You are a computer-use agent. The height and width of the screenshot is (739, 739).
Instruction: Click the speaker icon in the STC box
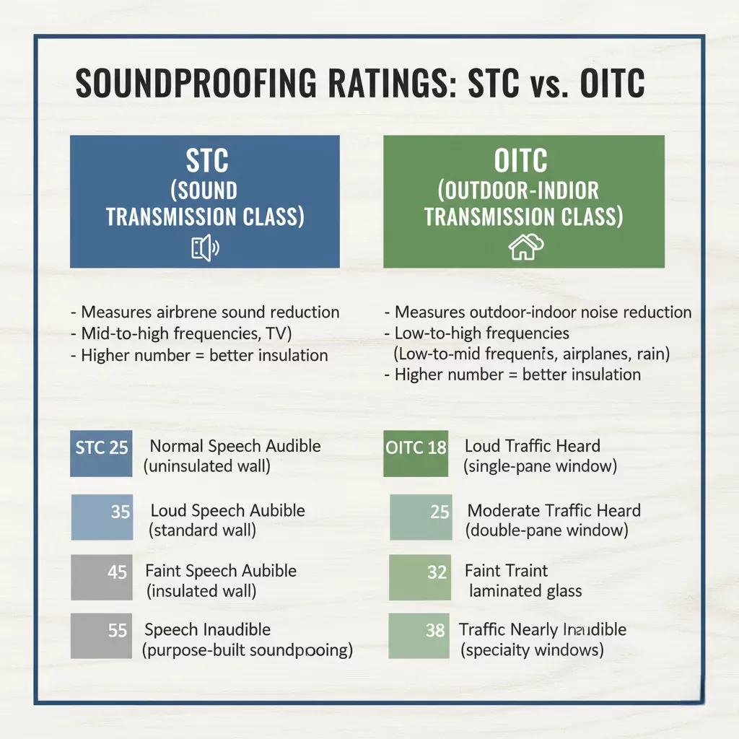pyautogui.click(x=205, y=249)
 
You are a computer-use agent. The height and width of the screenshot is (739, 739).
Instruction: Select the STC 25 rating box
pyautogui.click(x=101, y=455)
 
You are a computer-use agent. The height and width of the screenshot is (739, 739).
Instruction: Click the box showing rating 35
pyautogui.click(x=102, y=517)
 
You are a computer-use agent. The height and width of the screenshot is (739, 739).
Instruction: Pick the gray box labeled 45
pyautogui.click(x=101, y=577)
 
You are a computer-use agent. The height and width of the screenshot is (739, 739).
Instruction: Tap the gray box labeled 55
pyautogui.click(x=101, y=636)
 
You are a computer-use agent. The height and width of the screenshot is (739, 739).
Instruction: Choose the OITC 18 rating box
pyautogui.click(x=416, y=455)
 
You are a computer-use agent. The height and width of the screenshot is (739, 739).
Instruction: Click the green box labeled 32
pyautogui.click(x=419, y=577)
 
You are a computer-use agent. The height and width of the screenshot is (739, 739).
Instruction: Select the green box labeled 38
pyautogui.click(x=419, y=636)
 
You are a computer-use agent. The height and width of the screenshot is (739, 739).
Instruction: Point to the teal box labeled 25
pyautogui.click(x=421, y=517)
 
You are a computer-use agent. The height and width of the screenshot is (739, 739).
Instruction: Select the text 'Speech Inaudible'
pyautogui.click(x=208, y=629)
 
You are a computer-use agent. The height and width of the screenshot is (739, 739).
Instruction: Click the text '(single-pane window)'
pyautogui.click(x=540, y=466)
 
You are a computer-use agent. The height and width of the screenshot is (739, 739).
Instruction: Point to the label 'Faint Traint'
pyautogui.click(x=506, y=571)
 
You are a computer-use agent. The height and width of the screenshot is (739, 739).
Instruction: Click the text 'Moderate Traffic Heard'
pyautogui.click(x=554, y=511)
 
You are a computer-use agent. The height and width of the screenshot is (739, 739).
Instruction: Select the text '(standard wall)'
pyautogui.click(x=202, y=530)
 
